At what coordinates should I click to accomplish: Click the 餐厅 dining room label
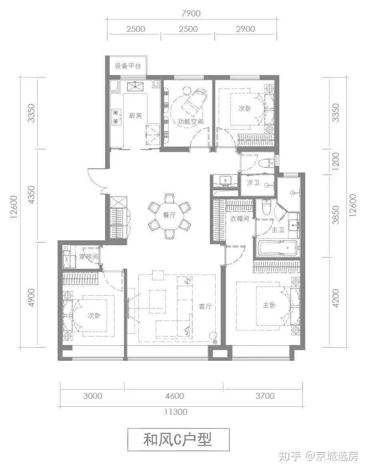coord(169,215)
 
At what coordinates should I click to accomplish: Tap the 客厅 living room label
coord(205,306)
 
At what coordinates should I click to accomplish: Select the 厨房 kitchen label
coord(135,116)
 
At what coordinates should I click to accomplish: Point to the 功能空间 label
coord(190,122)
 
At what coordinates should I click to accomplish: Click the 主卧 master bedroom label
coord(269,305)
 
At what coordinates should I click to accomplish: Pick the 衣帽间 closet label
coord(240,218)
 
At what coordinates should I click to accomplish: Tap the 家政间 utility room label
coord(88,257)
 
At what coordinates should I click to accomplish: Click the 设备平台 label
coord(128,66)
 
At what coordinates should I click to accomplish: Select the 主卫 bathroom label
coord(278,230)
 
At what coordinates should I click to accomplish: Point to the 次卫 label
coord(253,183)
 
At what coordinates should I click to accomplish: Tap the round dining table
coord(169,216)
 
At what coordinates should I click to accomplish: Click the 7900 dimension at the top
coord(191,14)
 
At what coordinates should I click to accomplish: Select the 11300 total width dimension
coord(176,412)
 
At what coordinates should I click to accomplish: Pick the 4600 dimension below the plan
coord(175,396)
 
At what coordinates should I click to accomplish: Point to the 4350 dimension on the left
coord(31,195)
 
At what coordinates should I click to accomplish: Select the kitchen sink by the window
coord(136,87)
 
